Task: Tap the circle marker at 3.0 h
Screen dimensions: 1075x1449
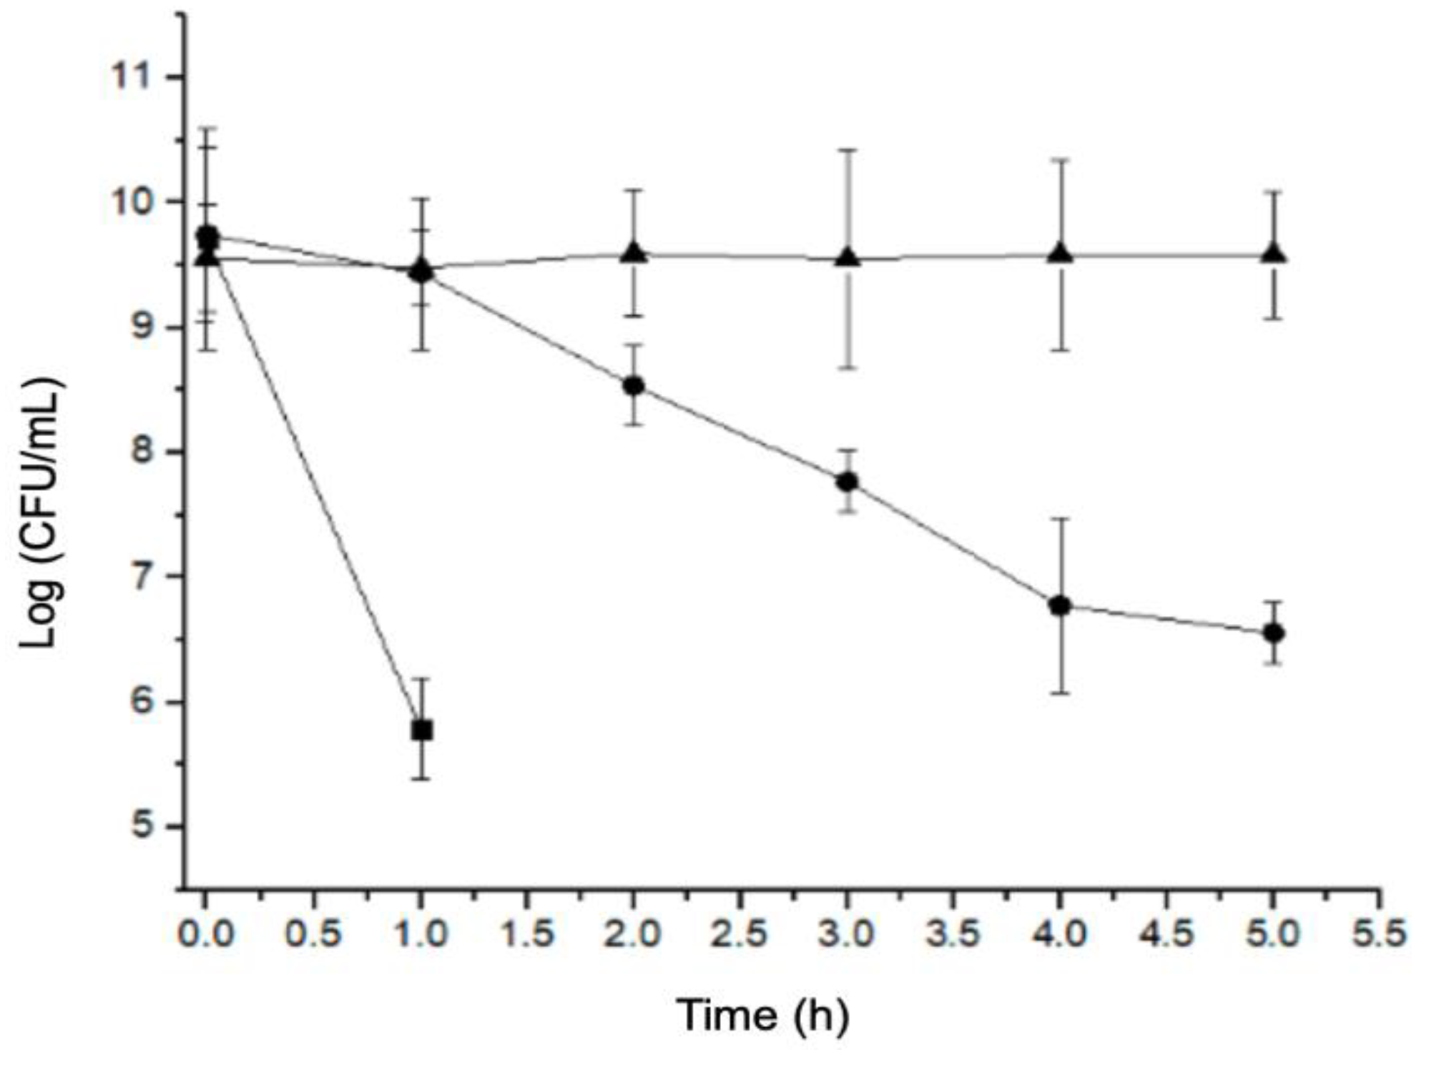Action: tap(848, 482)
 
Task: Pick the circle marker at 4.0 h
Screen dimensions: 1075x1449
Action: tap(1060, 606)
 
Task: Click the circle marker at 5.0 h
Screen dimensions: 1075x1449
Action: tap(1273, 633)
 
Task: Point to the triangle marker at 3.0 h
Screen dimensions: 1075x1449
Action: tap(848, 257)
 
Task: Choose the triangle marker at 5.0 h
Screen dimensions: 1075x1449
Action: tap(1273, 254)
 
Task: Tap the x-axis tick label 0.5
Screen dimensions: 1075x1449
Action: tap(313, 933)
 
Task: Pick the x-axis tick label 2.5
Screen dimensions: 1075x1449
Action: tap(740, 933)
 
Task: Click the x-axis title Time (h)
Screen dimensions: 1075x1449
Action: tap(762, 1016)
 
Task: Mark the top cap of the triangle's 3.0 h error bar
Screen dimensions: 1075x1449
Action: tap(848, 150)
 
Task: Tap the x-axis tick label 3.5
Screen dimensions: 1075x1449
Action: tap(953, 933)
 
